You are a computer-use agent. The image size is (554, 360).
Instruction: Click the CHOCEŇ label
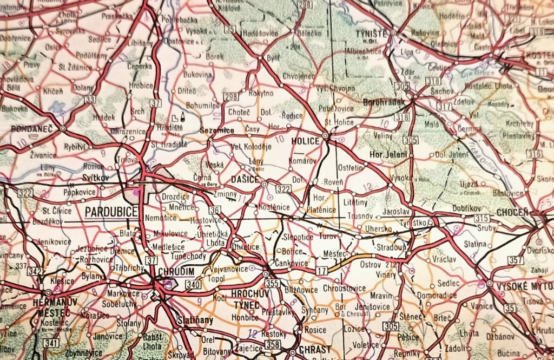tap(511, 212)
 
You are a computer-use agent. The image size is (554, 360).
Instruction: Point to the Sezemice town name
tap(217, 130)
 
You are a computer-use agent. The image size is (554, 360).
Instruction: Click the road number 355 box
tap(273, 283)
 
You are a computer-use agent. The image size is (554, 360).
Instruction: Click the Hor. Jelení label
tap(388, 154)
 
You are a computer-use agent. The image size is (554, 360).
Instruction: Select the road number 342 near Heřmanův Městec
tap(36, 271)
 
